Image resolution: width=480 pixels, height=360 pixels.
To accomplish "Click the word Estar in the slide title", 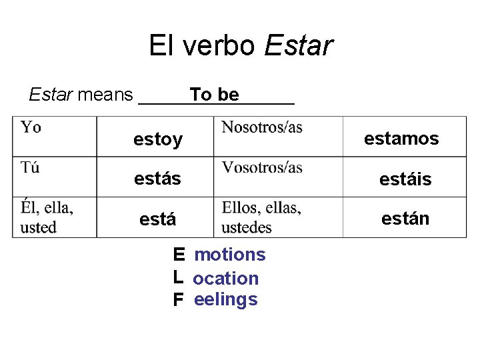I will pyautogui.click(x=299, y=46).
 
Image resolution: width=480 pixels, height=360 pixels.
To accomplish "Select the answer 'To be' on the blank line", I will pyautogui.click(x=214, y=95).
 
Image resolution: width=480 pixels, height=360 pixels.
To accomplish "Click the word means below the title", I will pyautogui.click(x=105, y=95).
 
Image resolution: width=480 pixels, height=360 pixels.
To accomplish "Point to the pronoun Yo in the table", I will pyautogui.click(x=31, y=127).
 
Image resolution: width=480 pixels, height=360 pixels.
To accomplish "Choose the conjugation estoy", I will pyautogui.click(x=158, y=139).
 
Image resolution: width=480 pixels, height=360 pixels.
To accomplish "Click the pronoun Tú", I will pyautogui.click(x=30, y=167).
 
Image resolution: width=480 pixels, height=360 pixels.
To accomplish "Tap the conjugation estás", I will pyautogui.click(x=157, y=179).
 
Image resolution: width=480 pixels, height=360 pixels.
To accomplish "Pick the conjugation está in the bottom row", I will pyautogui.click(x=158, y=219).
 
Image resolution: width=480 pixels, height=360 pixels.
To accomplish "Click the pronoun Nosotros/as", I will pyautogui.click(x=262, y=127).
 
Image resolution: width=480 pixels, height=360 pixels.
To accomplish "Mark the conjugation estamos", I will pyautogui.click(x=401, y=139).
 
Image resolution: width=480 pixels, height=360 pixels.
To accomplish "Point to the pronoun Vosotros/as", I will pyautogui.click(x=262, y=167).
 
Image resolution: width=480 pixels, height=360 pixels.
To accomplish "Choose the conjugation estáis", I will pyautogui.click(x=405, y=179).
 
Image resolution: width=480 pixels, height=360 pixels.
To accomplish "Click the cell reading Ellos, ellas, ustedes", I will pyautogui.click(x=261, y=217).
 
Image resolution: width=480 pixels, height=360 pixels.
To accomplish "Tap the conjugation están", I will pyautogui.click(x=405, y=218).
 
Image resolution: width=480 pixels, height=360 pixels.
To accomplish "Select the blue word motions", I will pyautogui.click(x=230, y=255).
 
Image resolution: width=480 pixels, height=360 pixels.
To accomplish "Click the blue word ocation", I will pyautogui.click(x=226, y=278).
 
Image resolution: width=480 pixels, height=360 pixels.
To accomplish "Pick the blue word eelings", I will pyautogui.click(x=226, y=300).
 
